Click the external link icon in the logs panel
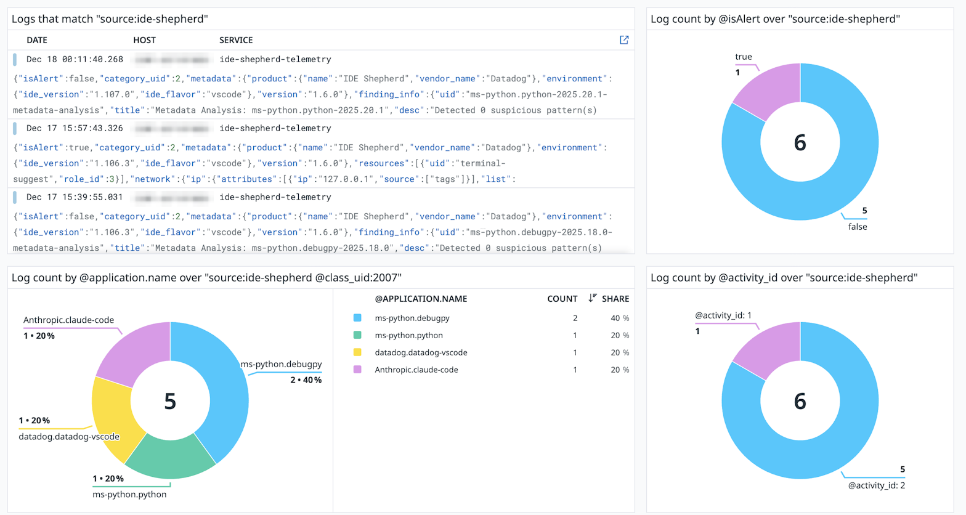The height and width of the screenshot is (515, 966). point(624,40)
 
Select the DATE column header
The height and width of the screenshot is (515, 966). point(37,40)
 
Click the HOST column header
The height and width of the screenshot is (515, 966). point(144,40)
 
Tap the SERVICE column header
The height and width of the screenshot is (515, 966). point(236,40)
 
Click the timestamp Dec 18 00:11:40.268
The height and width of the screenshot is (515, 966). point(75,59)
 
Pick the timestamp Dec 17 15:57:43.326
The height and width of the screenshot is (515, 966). point(75,128)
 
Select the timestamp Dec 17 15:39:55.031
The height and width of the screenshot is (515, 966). point(75,197)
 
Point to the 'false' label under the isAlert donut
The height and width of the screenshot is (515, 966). point(857,227)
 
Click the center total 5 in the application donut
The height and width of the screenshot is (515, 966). point(170,401)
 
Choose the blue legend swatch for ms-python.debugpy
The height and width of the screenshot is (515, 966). point(357,318)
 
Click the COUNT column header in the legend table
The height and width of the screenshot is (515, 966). point(562,299)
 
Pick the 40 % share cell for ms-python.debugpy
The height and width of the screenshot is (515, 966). point(619,318)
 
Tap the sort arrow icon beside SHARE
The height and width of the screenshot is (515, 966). point(592,298)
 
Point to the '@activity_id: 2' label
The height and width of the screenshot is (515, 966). point(876,485)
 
